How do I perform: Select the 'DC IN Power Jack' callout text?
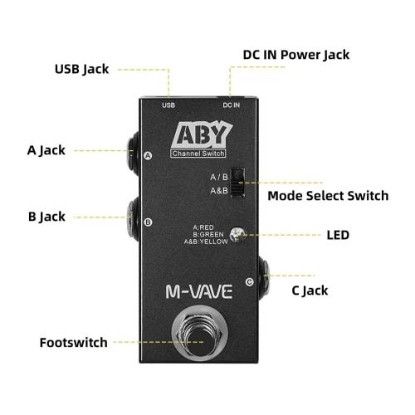click(x=295, y=55)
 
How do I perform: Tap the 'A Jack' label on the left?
click(x=46, y=150)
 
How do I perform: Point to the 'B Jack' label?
click(x=46, y=217)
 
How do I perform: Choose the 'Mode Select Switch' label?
click(x=327, y=196)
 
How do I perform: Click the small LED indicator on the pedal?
click(x=238, y=234)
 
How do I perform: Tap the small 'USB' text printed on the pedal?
click(x=168, y=105)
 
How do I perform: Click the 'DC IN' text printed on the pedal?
click(x=232, y=105)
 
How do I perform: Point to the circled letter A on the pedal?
click(x=148, y=155)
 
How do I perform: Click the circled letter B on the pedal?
click(x=148, y=222)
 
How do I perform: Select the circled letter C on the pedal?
click(x=250, y=282)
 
